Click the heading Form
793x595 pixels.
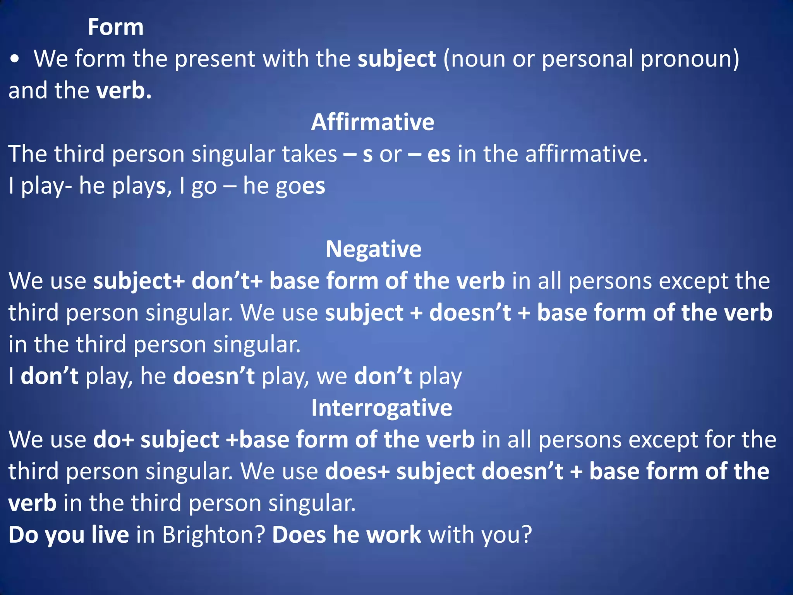115,28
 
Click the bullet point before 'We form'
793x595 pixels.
15,59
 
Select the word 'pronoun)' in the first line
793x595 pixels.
690,59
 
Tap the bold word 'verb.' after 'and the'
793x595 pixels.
124,91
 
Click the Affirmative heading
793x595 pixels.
372,122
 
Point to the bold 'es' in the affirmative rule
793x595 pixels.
439,154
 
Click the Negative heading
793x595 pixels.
373,249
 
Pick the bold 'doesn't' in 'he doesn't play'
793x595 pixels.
214,376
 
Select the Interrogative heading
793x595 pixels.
382,408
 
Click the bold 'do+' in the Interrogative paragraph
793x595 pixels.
113,440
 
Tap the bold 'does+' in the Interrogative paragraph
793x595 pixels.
357,471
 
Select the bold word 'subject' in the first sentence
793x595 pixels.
397,59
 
